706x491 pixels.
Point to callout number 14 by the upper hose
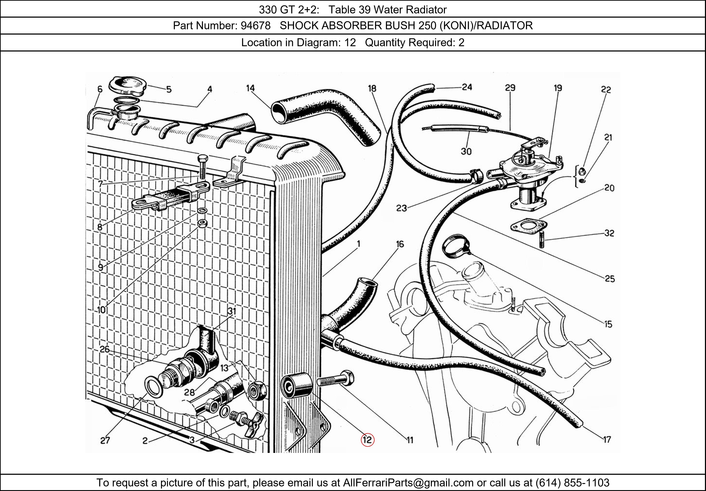[x=250, y=88]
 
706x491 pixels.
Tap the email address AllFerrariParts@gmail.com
[x=408, y=483]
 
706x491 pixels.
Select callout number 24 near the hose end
[x=467, y=87]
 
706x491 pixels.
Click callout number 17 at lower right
[x=607, y=440]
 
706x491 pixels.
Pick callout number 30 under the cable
[x=466, y=151]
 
